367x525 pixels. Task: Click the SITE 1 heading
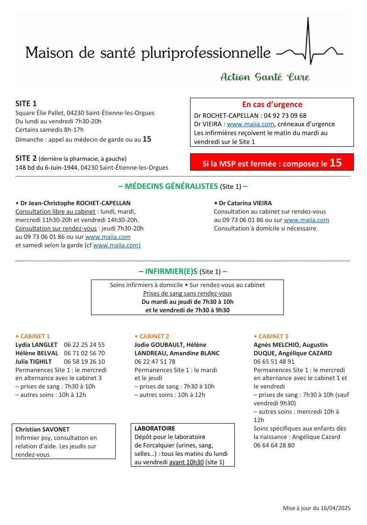pyautogui.click(x=26, y=103)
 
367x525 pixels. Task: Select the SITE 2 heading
pyautogui.click(x=26, y=158)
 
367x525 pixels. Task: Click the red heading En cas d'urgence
pyautogui.click(x=272, y=105)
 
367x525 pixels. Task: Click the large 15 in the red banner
pyautogui.click(x=335, y=163)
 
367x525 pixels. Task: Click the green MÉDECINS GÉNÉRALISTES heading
pyautogui.click(x=168, y=186)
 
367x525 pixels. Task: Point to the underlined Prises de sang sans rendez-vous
pyautogui.click(x=187, y=293)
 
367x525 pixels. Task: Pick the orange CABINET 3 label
pyautogui.click(x=273, y=336)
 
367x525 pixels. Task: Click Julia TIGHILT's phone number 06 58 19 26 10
pyautogui.click(x=85, y=361)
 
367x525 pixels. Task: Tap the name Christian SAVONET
pyautogui.click(x=42, y=429)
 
